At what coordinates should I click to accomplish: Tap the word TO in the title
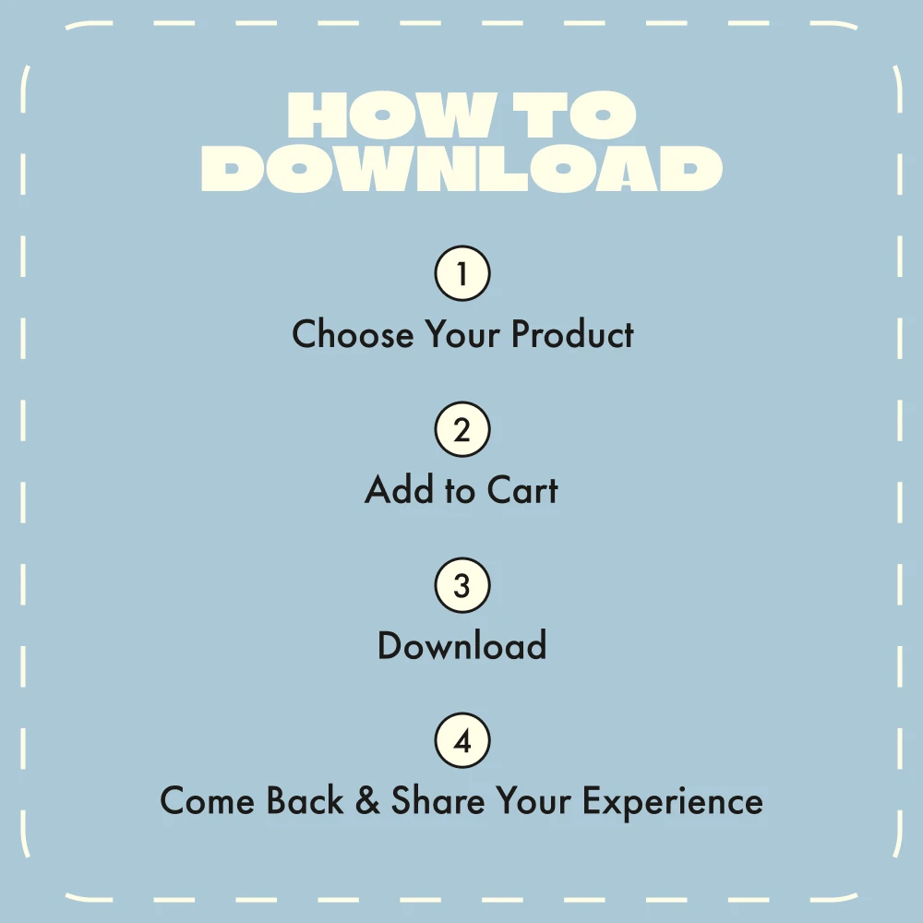[574, 114]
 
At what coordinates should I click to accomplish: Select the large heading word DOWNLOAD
[462, 168]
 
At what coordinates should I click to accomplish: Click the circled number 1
[462, 273]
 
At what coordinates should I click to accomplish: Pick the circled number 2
[462, 429]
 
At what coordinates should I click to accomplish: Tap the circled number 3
[462, 585]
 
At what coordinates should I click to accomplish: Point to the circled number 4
[462, 740]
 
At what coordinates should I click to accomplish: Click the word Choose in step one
[354, 334]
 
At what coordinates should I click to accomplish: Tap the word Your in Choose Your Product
[462, 334]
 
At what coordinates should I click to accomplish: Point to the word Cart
[522, 489]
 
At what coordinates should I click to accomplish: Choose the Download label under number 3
[462, 645]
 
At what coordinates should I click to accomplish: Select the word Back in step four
[305, 800]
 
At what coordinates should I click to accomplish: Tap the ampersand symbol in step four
[368, 800]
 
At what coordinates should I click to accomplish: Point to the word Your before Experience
[533, 800]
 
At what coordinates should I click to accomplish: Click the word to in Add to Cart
[461, 491]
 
